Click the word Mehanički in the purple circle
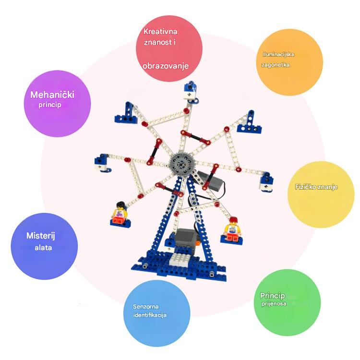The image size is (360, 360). point(52,95)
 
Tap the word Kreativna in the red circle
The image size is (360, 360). point(161,32)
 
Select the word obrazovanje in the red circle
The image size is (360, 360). point(166,66)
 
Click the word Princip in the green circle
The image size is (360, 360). point(273,295)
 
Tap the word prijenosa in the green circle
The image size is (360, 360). point(274,304)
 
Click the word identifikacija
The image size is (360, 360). point(150,315)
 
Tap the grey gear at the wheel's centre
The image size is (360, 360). point(180,163)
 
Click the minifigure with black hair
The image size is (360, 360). point(119,212)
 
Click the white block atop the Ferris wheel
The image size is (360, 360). point(192,95)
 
